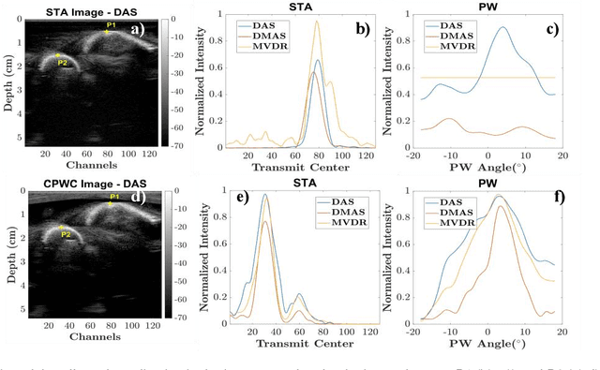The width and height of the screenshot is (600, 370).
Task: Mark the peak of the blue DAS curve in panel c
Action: [503, 27]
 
